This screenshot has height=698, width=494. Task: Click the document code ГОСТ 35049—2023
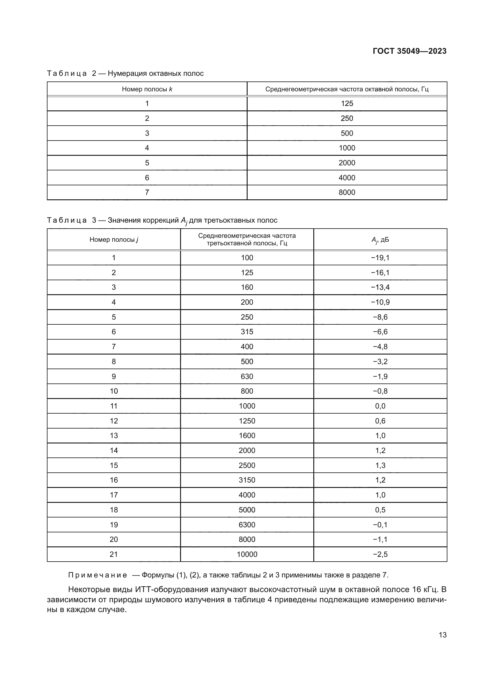click(x=409, y=51)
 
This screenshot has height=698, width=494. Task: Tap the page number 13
click(x=443, y=635)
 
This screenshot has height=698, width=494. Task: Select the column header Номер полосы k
click(x=147, y=89)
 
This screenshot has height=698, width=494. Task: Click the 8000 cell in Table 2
click(x=347, y=192)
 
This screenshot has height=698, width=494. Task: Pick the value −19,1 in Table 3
click(x=380, y=258)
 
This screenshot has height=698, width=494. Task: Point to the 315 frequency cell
click(x=247, y=332)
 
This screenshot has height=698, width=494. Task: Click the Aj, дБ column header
click(x=380, y=240)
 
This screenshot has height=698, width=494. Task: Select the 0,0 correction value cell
click(x=380, y=406)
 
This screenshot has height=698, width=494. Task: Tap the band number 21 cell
click(x=113, y=554)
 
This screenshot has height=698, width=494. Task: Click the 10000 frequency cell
click(x=247, y=554)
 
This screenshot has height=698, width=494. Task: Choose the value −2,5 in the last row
click(x=380, y=554)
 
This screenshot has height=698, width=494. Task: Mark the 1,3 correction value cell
click(x=380, y=466)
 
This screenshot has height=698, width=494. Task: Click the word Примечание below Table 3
click(x=98, y=575)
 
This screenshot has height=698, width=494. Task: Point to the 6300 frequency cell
click(x=247, y=525)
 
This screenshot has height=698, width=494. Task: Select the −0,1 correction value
click(x=380, y=525)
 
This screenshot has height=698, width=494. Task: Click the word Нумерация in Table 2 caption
click(x=126, y=74)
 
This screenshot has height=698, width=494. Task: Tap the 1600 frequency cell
click(x=247, y=436)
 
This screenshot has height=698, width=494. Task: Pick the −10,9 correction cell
click(x=380, y=302)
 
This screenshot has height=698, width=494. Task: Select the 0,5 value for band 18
click(x=380, y=510)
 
